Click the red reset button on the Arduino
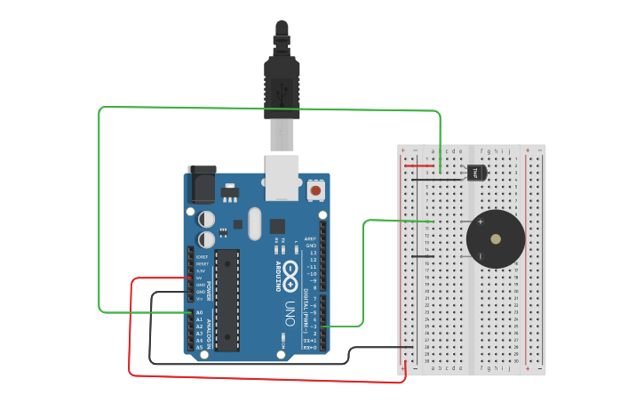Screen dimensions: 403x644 coord(314,189)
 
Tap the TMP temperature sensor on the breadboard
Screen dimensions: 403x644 coord(475,172)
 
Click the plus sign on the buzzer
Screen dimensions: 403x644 coord(481,222)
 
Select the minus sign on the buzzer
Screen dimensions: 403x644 coord(481,256)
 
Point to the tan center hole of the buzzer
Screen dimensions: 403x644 coord(496,238)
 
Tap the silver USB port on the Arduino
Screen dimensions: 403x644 coord(282,176)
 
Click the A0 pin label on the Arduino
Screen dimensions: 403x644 coord(200,313)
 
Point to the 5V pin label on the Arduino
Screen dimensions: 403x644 coord(201,278)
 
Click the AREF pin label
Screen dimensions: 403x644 coord(310,238)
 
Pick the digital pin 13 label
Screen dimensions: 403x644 coord(311,253)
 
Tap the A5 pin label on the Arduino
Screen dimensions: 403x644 coord(200,347)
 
